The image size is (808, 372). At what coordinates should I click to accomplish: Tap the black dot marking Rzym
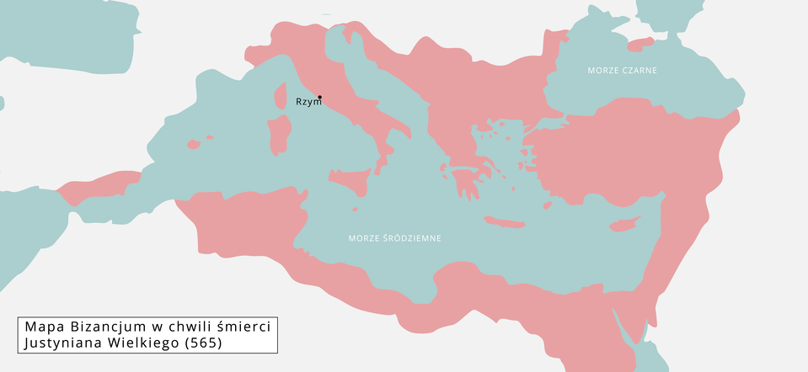[319, 98]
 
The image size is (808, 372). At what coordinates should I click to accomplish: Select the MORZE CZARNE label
[622, 70]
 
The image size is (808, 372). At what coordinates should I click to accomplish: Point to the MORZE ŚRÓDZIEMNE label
[394, 238]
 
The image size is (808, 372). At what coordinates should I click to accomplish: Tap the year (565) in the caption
[204, 343]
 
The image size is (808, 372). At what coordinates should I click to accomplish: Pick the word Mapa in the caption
[44, 327]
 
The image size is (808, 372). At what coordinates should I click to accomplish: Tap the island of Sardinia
[280, 135]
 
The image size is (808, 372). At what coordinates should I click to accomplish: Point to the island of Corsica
[281, 98]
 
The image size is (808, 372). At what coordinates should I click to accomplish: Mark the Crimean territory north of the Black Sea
[641, 44]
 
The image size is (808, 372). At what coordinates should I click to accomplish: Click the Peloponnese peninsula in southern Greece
[464, 181]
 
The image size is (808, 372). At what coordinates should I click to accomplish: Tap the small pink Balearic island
[193, 145]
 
